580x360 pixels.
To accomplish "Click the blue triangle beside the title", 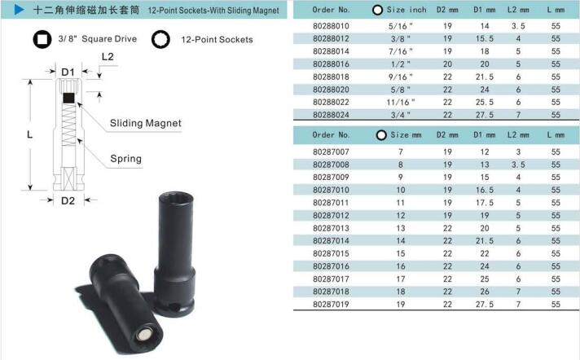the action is [19, 10].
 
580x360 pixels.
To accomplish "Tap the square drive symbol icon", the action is [42, 39].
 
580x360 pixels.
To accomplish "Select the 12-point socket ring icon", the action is [160, 39].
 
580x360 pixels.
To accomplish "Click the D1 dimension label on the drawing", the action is [68, 72].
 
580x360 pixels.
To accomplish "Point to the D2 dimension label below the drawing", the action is [68, 200].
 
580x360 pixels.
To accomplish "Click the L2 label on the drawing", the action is [108, 57].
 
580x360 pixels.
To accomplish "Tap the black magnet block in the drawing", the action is [68, 98].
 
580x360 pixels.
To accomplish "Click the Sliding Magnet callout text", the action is [146, 123].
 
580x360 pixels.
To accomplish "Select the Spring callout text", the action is [125, 159].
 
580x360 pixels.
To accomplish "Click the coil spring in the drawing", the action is [68, 125].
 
